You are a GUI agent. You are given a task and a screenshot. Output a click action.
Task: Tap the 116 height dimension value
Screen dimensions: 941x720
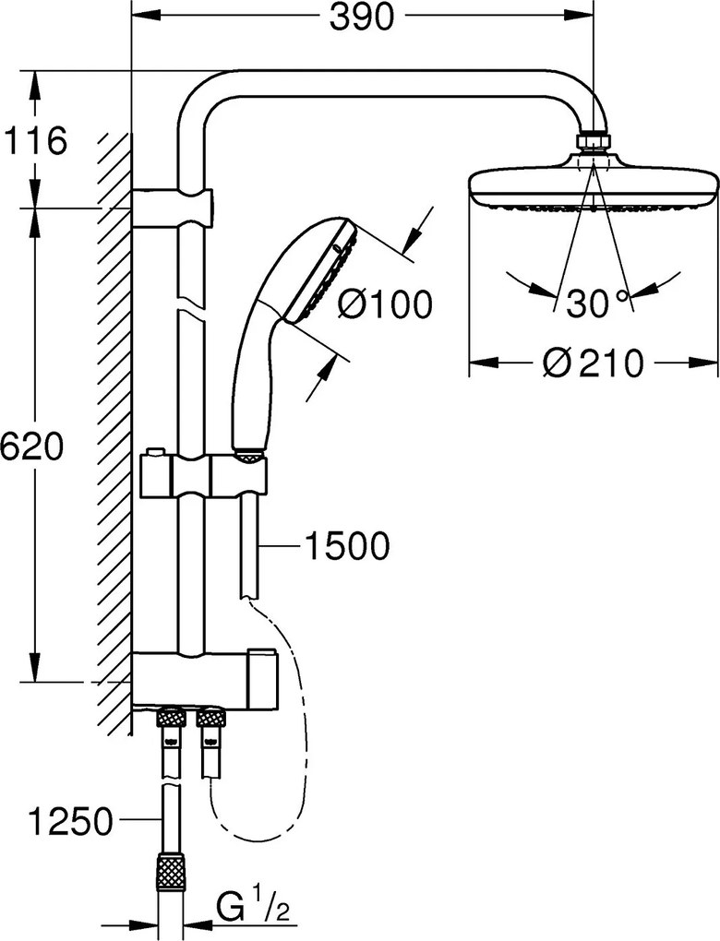(34, 141)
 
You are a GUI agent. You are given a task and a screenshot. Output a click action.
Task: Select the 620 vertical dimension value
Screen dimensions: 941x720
(31, 447)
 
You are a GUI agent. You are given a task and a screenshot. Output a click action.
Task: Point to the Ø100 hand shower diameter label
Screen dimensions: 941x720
(384, 304)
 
